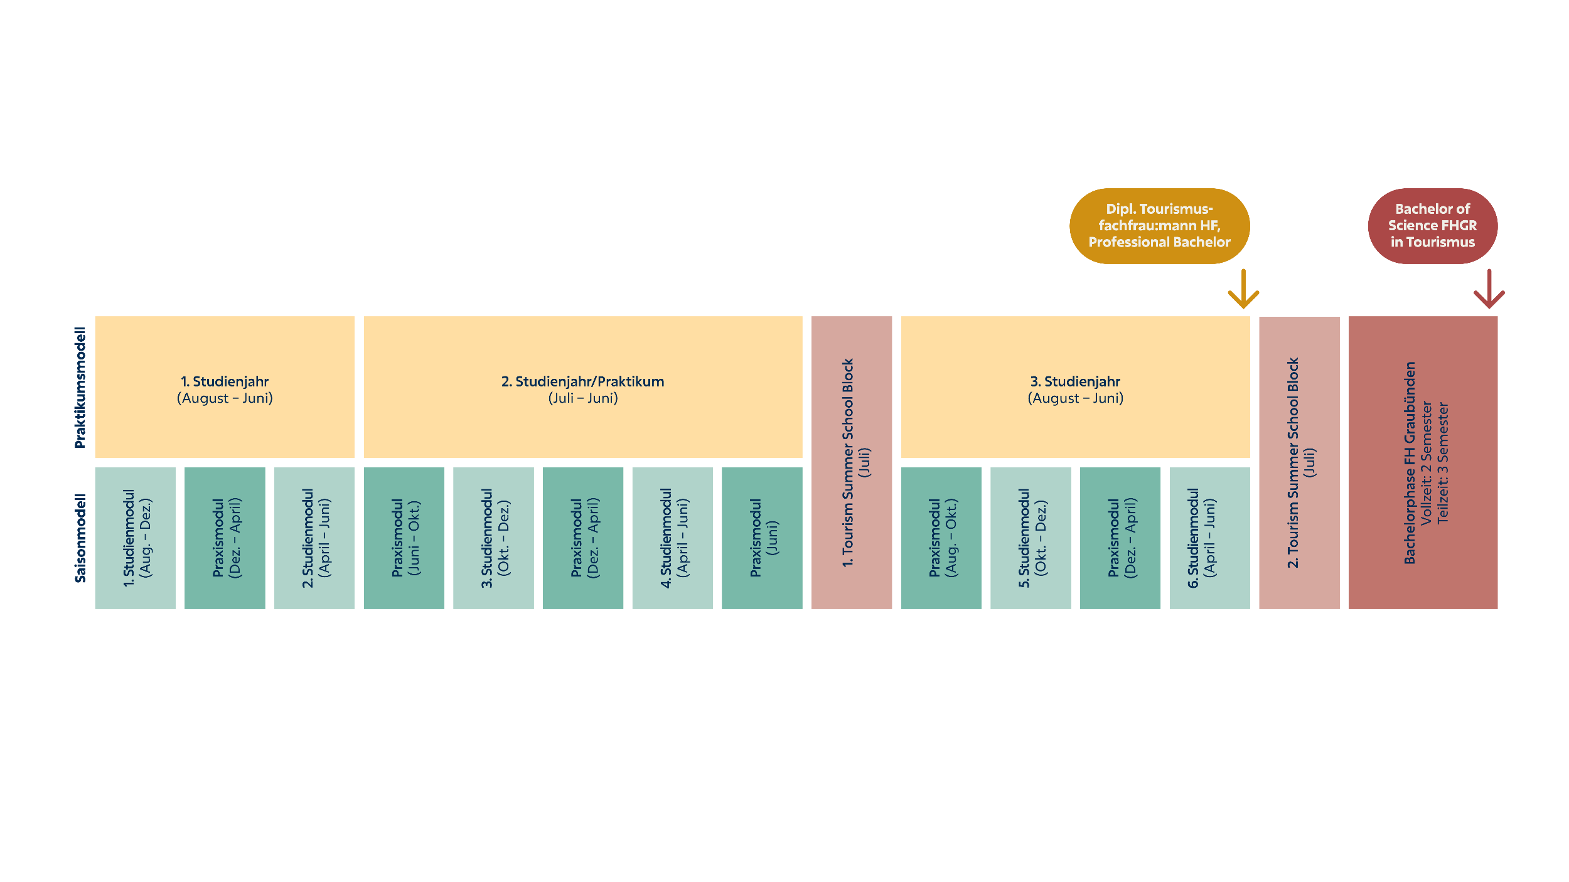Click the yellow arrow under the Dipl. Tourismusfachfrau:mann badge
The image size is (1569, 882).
click(x=1243, y=289)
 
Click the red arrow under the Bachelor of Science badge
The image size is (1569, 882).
click(x=1489, y=289)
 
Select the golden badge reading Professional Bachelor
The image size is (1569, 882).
click(x=1159, y=226)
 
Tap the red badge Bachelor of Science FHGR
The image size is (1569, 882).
click(x=1432, y=226)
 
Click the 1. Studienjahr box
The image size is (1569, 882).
click(x=225, y=387)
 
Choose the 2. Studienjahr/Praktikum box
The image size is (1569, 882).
click(x=583, y=387)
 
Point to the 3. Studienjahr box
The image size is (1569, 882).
click(x=1075, y=387)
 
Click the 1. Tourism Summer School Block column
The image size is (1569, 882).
click(x=852, y=462)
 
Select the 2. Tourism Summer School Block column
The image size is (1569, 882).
click(x=1299, y=462)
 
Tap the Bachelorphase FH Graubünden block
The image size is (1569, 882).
click(x=1423, y=462)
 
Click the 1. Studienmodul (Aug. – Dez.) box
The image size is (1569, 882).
click(x=136, y=538)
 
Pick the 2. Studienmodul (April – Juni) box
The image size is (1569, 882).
click(x=314, y=538)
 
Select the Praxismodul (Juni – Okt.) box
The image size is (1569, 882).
click(x=404, y=538)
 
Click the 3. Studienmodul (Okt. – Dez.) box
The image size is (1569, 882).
click(x=493, y=538)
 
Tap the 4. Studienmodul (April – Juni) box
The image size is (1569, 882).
click(x=673, y=538)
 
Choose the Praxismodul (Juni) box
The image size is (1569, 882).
click(x=762, y=538)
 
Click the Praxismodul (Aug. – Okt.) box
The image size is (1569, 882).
click(x=941, y=538)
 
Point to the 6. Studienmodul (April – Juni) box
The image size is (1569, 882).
click(x=1210, y=538)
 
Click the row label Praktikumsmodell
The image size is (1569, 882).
click(x=80, y=388)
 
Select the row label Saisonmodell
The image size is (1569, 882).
click(x=80, y=538)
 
